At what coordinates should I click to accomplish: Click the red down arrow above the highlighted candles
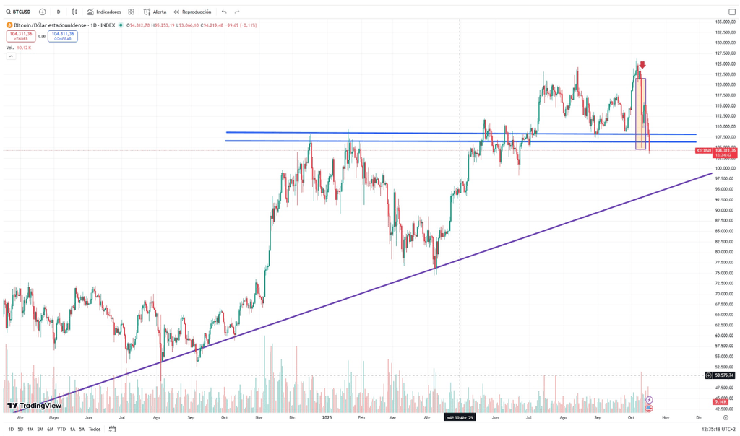tap(642, 66)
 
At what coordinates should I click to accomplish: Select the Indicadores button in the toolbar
tap(105, 12)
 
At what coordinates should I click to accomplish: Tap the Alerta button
tap(155, 12)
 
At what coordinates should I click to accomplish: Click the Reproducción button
tap(192, 12)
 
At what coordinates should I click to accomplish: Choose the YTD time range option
tap(61, 429)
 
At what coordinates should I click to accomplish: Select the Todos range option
tap(95, 429)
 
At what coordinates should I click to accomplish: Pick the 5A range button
tap(82, 429)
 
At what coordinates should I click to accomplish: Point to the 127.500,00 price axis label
tap(724, 53)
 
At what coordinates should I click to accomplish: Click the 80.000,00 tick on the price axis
tap(724, 252)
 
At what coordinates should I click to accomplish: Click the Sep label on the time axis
tap(191, 418)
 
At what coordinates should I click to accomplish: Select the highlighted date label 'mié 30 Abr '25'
tap(460, 418)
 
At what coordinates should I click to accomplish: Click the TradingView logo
tap(34, 406)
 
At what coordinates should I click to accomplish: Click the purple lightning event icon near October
tap(649, 399)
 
